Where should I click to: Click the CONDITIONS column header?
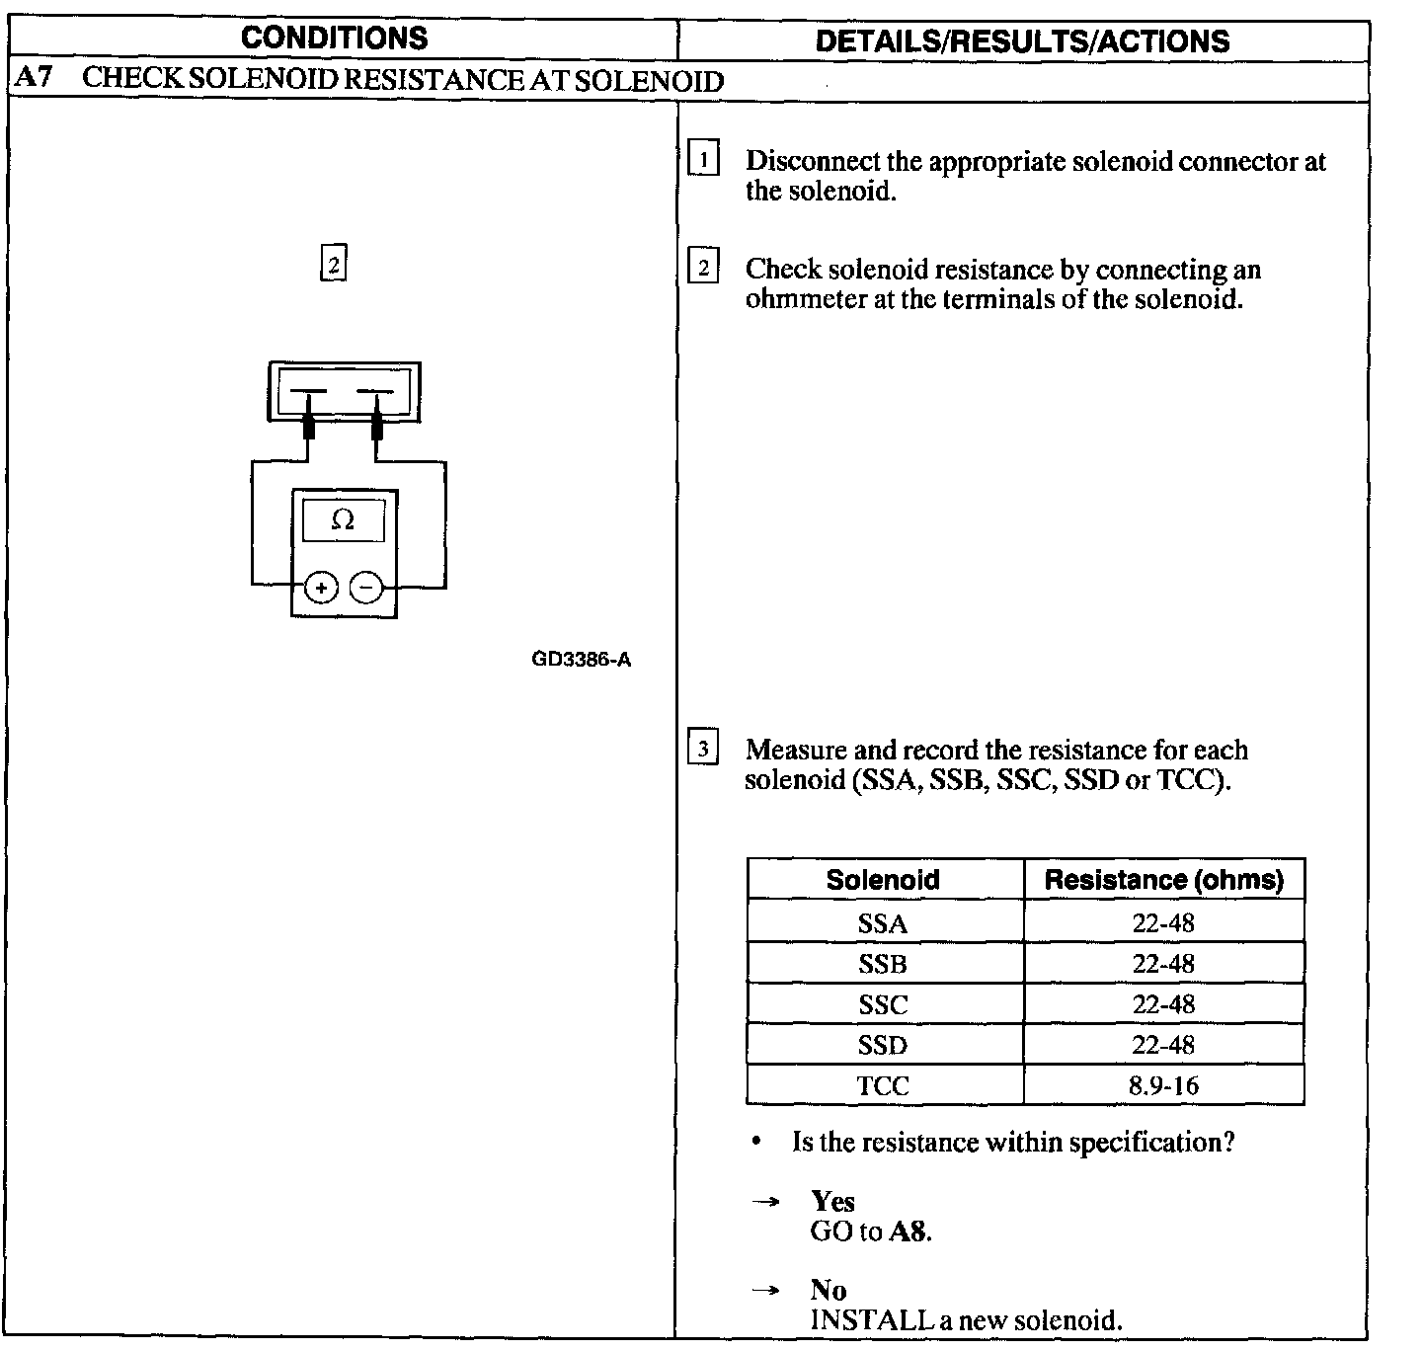click(x=334, y=39)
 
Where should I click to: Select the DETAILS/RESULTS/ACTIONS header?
click(x=1022, y=40)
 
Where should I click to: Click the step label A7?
click(x=35, y=79)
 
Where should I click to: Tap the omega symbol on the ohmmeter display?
click(x=343, y=519)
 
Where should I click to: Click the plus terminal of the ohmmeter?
click(x=320, y=588)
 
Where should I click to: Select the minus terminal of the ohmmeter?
click(x=366, y=588)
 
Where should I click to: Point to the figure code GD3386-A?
click(x=581, y=659)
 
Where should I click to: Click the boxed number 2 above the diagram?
click(x=334, y=265)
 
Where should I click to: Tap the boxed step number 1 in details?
click(x=703, y=159)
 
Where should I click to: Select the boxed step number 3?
click(x=702, y=749)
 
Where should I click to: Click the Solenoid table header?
click(x=883, y=880)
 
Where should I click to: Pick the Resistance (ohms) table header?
click(x=1163, y=880)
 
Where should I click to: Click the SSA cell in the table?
click(x=883, y=923)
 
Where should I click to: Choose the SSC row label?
click(x=883, y=1004)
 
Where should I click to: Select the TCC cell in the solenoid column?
click(x=883, y=1085)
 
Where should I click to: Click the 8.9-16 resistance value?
click(x=1163, y=1085)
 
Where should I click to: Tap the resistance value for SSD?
click(x=1163, y=1045)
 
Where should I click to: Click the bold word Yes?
click(x=832, y=1201)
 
